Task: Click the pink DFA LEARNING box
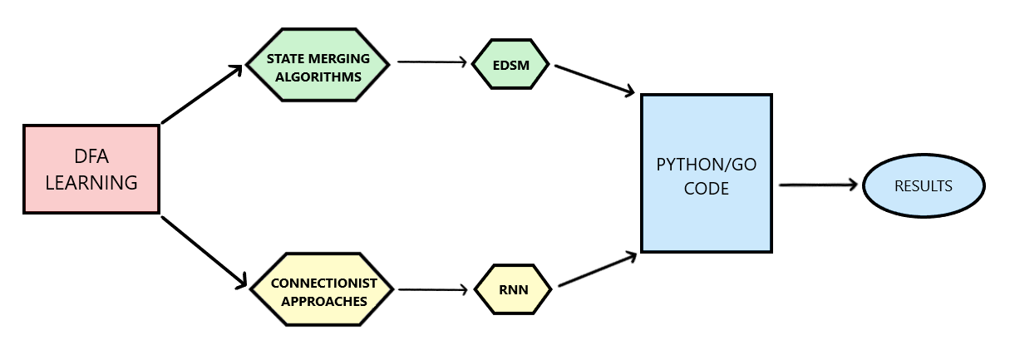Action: click(91, 170)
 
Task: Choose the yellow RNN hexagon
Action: click(513, 289)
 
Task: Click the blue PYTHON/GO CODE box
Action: click(706, 173)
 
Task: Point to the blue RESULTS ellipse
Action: click(923, 186)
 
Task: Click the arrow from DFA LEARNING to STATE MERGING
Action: click(201, 94)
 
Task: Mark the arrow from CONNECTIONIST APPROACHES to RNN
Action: click(432, 290)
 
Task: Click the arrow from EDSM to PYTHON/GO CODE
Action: click(595, 79)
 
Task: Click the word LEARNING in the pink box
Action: click(91, 183)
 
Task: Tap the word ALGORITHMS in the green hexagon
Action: click(314, 76)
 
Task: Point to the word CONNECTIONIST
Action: click(324, 283)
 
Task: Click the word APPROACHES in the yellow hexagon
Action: click(324, 301)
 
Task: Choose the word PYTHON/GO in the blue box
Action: click(707, 165)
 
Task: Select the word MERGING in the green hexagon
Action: click(338, 59)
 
